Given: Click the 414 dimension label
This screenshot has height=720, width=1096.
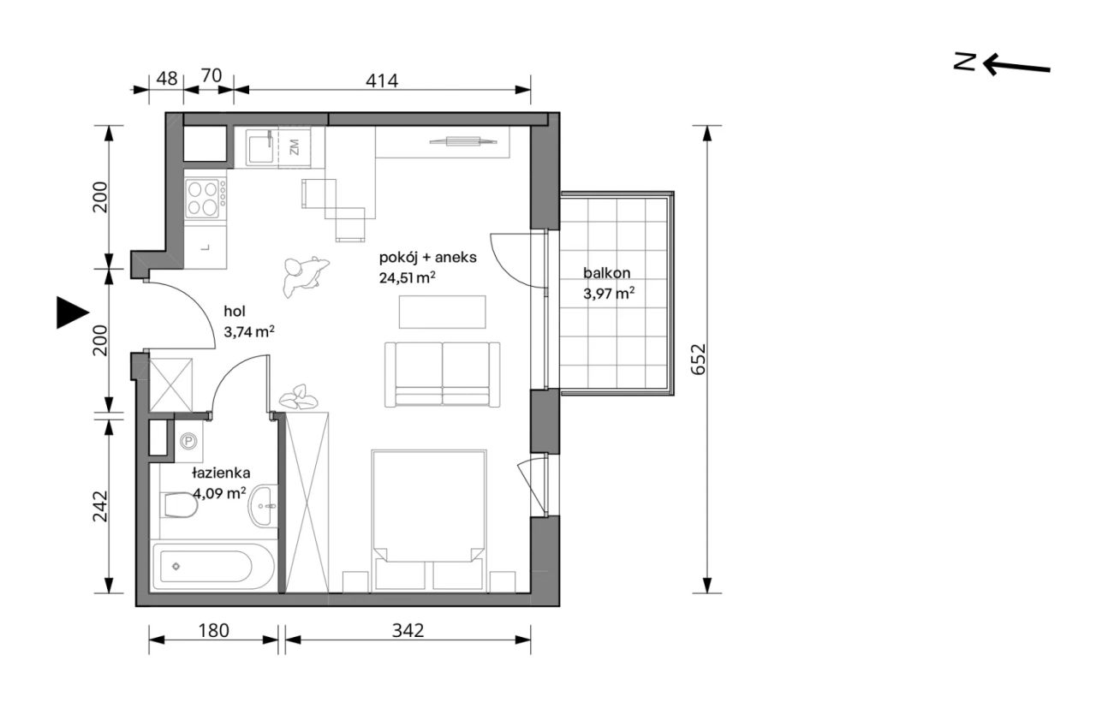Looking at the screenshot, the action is click(x=382, y=80).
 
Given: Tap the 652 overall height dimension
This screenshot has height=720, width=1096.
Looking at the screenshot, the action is click(x=698, y=359).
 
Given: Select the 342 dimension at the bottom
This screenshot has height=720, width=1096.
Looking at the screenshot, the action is click(x=408, y=630).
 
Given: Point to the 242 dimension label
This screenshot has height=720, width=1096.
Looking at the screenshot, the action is click(x=100, y=506).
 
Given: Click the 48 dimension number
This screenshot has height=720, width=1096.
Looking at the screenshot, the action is click(x=167, y=79).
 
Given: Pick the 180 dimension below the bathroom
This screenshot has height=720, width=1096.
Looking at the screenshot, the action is click(x=214, y=630).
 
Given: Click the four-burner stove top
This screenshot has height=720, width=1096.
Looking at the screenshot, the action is click(x=205, y=198).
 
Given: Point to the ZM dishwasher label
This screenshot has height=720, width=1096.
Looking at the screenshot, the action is click(x=294, y=146).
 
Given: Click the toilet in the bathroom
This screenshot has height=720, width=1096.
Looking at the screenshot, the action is click(x=179, y=505).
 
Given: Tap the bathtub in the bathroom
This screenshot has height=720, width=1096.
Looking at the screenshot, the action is click(x=213, y=567).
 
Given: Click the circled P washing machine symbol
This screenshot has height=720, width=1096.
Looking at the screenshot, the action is click(x=188, y=442).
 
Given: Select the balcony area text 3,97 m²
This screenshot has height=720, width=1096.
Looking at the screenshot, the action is click(x=609, y=294).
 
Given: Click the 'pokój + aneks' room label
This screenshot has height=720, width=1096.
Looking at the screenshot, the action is click(x=427, y=258).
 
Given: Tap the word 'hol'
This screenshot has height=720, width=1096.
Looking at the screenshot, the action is click(x=235, y=311).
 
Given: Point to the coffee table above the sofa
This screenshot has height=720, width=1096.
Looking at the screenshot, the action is click(x=443, y=312).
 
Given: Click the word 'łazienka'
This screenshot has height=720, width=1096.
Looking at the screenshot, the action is click(x=221, y=473).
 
